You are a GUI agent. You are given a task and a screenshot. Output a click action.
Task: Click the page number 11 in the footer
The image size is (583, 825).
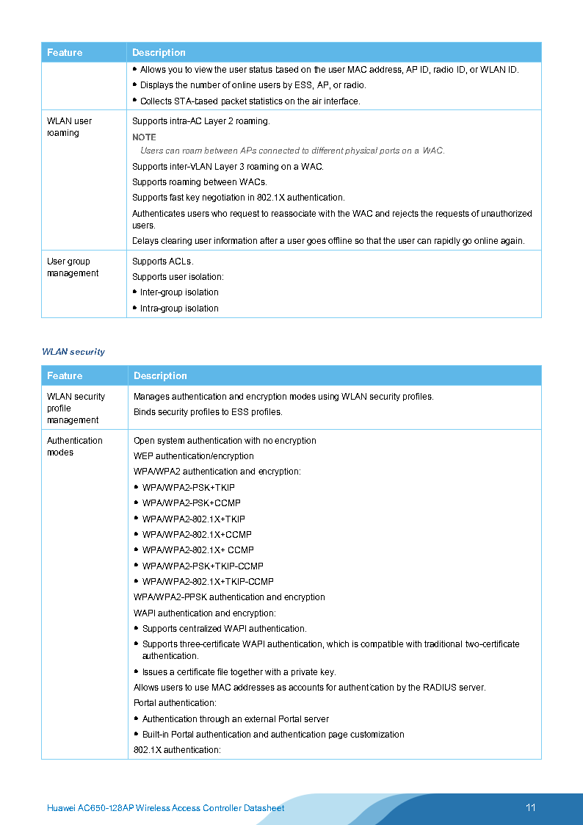coord(530,807)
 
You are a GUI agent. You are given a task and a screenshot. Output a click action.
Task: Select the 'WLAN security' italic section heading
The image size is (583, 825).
coord(73,352)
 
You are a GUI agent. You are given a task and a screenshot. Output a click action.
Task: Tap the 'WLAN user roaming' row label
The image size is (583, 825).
coord(69,127)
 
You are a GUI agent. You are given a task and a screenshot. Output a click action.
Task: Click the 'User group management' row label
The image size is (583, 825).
coord(72,267)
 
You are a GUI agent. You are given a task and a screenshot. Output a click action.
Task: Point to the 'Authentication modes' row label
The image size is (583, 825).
coord(74,446)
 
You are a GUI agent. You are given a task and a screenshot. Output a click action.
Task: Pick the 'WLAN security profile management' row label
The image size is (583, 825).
coord(76,408)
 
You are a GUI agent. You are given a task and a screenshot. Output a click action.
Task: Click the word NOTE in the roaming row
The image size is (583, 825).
coord(144,137)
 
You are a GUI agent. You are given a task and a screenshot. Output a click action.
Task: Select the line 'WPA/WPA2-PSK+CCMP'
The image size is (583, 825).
coord(191,503)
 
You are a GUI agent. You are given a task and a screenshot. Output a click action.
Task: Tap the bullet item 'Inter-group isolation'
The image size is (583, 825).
coord(179,292)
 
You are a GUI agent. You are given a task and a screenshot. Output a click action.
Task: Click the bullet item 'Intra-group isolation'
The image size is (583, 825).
coord(179,309)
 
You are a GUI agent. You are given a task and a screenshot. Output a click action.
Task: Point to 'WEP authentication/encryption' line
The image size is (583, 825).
coord(193,456)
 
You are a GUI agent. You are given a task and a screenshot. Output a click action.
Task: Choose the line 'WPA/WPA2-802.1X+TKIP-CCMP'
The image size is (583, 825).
coord(208,582)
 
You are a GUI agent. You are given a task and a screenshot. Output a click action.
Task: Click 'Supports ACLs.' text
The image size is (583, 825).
coord(162,262)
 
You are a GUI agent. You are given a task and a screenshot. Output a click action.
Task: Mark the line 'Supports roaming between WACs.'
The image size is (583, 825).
coord(200,182)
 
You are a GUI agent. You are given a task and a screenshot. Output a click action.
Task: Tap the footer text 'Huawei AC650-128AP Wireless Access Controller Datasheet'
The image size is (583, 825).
coord(165,808)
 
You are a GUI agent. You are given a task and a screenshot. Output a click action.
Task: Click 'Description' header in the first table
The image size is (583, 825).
coord(159,53)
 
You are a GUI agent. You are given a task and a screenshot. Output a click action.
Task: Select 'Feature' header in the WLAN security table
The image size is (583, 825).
coord(65,376)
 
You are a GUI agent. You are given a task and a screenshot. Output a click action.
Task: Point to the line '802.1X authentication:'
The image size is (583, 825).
coord(177,750)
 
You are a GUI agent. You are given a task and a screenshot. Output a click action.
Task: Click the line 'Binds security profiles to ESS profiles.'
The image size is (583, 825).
coord(208,412)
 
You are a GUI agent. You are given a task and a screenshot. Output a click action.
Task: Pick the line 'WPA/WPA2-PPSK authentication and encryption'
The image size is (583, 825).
coord(229,597)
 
